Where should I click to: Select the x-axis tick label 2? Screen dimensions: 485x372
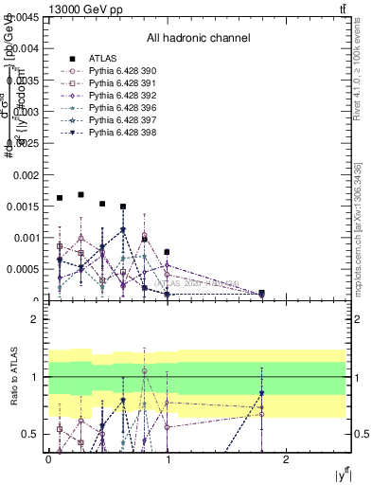tap(289, 458)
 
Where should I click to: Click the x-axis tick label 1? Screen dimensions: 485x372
tap(168, 458)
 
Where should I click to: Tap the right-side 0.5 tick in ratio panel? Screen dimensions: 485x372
tap(360, 434)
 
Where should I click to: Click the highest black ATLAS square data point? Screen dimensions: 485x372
tap(80, 194)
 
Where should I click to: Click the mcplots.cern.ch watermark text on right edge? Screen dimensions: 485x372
tap(358, 242)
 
